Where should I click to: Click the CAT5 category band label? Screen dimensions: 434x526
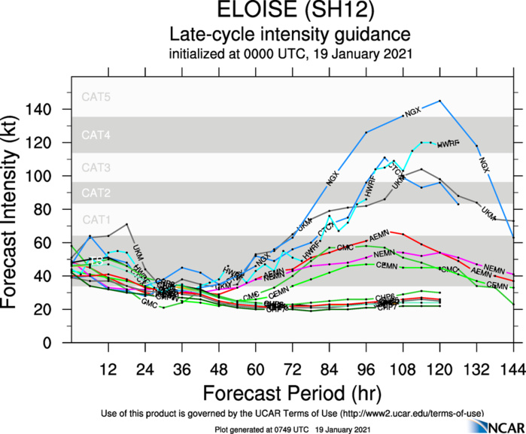pyautogui.click(x=96, y=97)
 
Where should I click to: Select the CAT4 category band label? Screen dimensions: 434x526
pyautogui.click(x=96, y=135)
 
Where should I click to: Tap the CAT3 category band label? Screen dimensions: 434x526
pyautogui.click(x=96, y=166)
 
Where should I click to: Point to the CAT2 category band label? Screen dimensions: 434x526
pyautogui.click(x=96, y=193)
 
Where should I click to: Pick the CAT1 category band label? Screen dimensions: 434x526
pyautogui.click(x=96, y=220)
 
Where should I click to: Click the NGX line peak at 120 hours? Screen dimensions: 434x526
pyautogui.click(x=439, y=101)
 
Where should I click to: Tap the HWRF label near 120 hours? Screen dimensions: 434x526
pyautogui.click(x=448, y=142)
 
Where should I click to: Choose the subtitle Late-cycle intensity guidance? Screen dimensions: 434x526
pyautogui.click(x=290, y=35)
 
